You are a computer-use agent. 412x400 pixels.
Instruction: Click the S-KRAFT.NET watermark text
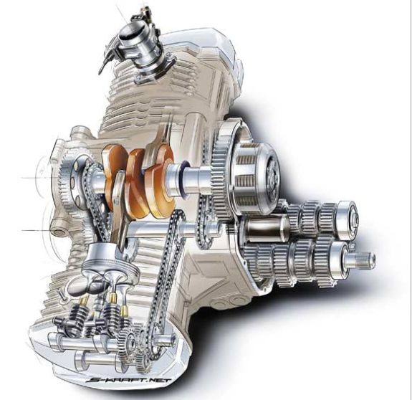tap(130, 381)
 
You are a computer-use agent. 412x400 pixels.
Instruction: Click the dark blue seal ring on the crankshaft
tap(183, 180)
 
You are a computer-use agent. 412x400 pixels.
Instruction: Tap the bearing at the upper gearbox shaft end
tap(348, 220)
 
